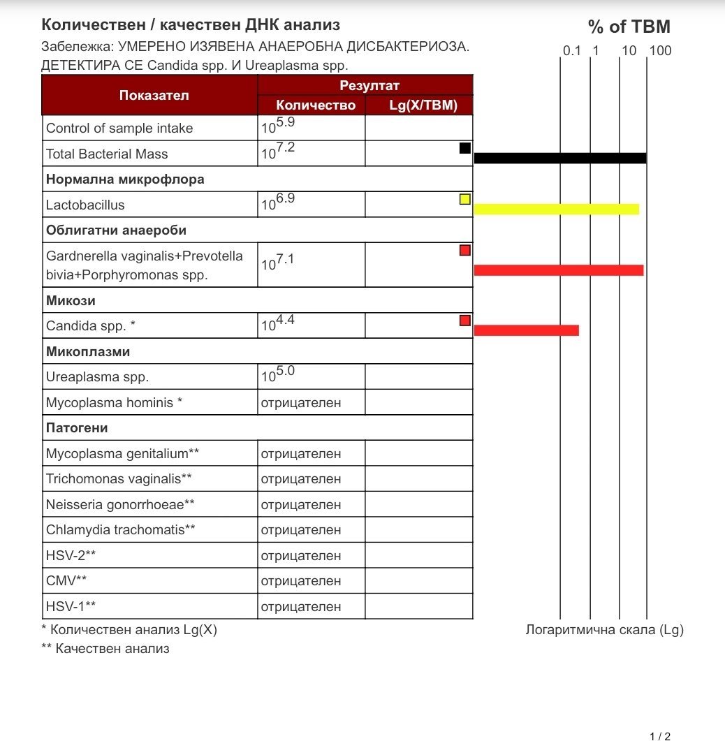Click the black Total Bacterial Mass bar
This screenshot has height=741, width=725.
tap(559, 158)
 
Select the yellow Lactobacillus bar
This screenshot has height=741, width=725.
tap(556, 209)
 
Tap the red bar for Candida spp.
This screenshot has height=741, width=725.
tap(526, 330)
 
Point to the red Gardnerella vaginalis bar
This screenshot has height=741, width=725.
tap(558, 270)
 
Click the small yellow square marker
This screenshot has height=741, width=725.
tap(465, 199)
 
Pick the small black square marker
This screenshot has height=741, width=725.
tap(465, 148)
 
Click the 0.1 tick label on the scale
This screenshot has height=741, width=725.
tap(572, 51)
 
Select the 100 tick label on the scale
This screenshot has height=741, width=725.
tap(659, 51)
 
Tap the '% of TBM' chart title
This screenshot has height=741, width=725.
tap(629, 27)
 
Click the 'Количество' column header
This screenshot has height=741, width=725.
tap(316, 105)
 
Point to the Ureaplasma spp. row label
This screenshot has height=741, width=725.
tap(97, 377)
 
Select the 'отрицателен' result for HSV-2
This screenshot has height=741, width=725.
tap(300, 556)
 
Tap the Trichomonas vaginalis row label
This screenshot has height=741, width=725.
tap(119, 479)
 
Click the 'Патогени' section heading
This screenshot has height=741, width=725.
tap(77, 428)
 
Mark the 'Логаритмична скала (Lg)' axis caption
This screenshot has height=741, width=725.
tap(603, 630)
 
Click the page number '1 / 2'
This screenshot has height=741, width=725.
tap(659, 736)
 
